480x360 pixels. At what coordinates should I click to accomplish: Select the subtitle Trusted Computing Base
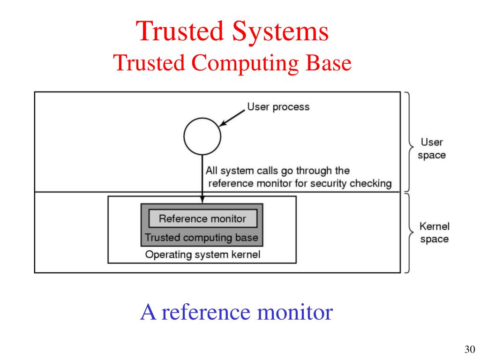(232, 63)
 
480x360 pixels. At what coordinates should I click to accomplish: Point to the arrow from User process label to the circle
(233, 118)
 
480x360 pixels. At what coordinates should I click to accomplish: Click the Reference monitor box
(202, 218)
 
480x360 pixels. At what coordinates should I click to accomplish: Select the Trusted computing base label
(202, 238)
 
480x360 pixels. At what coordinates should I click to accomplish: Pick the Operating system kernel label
(202, 255)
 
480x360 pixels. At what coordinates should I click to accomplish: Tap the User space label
(431, 148)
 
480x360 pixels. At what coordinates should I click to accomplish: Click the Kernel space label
(434, 233)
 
